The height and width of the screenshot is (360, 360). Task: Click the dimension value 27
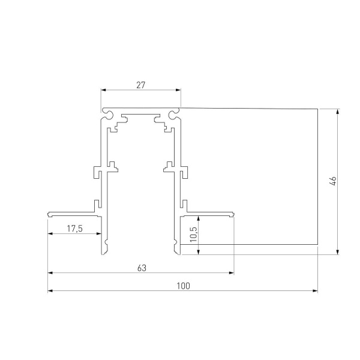(140, 85)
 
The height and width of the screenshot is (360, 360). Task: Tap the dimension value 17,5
(74, 229)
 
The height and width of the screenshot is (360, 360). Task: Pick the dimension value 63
(142, 268)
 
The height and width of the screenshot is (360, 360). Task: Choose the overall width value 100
(183, 286)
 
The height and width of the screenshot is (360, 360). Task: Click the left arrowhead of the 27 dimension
(103, 91)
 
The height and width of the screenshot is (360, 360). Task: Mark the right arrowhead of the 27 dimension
(178, 91)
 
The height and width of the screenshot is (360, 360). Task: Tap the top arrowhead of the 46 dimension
(338, 112)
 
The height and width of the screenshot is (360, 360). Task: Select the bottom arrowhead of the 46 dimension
(338, 251)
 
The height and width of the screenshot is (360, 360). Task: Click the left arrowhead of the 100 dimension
(50, 292)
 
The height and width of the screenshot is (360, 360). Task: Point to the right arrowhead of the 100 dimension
(315, 292)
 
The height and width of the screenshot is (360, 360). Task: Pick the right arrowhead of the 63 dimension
(231, 273)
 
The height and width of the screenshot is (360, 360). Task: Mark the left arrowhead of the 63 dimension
(50, 273)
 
